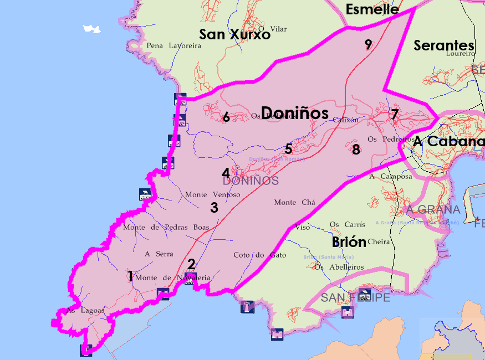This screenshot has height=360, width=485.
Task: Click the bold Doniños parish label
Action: click(x=294, y=113)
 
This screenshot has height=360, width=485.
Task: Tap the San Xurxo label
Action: click(x=234, y=34)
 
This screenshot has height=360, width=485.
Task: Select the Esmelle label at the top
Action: click(x=372, y=9)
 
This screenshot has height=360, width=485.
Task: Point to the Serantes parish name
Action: click(x=443, y=45)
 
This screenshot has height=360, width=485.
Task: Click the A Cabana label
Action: click(x=448, y=142)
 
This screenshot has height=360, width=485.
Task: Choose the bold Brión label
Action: click(x=349, y=242)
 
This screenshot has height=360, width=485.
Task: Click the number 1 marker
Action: click(x=130, y=276)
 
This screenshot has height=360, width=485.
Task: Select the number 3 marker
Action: click(x=214, y=208)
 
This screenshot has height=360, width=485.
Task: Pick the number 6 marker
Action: click(x=226, y=117)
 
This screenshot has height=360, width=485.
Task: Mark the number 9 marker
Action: click(x=368, y=45)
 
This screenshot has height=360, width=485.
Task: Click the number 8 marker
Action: click(x=356, y=149)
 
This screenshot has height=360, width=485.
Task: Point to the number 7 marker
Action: click(x=395, y=115)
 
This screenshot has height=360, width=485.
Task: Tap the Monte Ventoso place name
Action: click(x=212, y=195)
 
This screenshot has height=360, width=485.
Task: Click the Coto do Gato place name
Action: click(x=259, y=255)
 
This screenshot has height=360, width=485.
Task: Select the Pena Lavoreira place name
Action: click(x=173, y=46)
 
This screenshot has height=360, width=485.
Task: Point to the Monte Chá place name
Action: click(x=294, y=203)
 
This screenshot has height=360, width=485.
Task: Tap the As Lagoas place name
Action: click(x=85, y=311)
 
